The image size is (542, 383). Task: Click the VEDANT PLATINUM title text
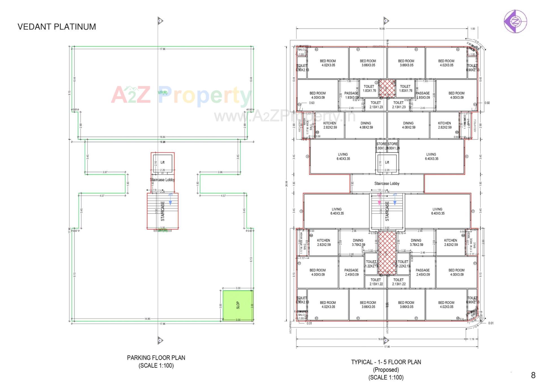pos(57,27)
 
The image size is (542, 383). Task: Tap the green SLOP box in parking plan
pos(238,305)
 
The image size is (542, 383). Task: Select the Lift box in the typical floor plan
pos(387,163)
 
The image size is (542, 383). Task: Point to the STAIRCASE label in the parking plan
pos(163,211)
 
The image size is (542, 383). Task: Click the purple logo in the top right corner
pos(515,21)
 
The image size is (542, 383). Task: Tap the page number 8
pos(533,375)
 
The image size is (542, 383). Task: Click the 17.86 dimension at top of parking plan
pos(162,49)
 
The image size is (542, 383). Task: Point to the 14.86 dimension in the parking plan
pos(147,319)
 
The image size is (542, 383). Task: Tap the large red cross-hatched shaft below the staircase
pos(387,252)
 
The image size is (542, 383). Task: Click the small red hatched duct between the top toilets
pos(387,88)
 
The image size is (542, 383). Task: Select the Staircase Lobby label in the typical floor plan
pos(387,183)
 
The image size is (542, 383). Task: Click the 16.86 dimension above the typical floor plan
pos(382,29)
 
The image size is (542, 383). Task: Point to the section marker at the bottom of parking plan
pos(160,340)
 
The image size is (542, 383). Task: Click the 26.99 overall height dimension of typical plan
pos(287,184)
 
